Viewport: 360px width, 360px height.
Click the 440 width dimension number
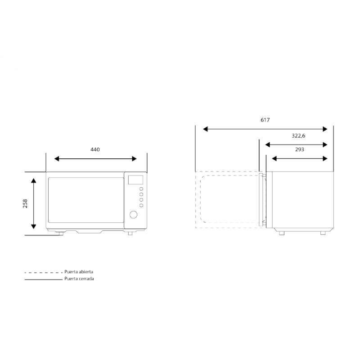coord(95,150)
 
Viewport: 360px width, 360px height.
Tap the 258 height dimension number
coord(25,204)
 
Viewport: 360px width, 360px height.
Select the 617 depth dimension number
coord(265,120)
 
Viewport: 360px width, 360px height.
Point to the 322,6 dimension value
coord(298,136)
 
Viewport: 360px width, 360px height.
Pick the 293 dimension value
coord(300,149)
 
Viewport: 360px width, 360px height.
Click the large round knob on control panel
coord(133,215)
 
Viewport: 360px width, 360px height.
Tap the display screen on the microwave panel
coord(135,180)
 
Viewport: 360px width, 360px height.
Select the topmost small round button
coord(141,189)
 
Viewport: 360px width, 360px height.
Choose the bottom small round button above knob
coord(141,206)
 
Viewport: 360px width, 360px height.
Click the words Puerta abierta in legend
coord(79,272)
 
